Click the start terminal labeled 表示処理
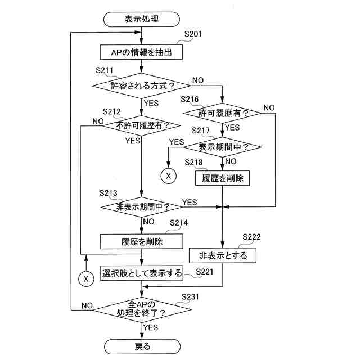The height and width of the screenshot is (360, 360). point(142,19)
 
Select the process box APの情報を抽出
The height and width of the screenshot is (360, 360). point(142,52)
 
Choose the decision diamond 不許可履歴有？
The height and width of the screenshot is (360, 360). point(142,125)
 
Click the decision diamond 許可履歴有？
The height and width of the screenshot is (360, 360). point(223,114)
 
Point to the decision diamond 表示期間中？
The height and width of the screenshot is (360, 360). point(223,147)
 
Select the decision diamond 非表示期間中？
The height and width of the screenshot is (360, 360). point(142,207)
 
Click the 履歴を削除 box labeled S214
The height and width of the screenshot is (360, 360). point(142,241)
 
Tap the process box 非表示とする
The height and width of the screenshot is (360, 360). point(223,255)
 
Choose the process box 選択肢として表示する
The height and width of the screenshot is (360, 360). point(142,274)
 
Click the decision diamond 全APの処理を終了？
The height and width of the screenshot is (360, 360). point(142,308)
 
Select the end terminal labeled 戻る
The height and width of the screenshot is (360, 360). point(142,346)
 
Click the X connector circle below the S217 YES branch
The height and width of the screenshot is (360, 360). point(168,176)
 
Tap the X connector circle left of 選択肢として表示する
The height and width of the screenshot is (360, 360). point(86,278)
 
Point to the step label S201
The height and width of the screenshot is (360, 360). point(193,34)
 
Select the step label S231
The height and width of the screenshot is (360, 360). point(191,296)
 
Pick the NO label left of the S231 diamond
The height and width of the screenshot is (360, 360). point(87,305)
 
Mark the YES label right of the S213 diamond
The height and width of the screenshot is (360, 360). point(190,202)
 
